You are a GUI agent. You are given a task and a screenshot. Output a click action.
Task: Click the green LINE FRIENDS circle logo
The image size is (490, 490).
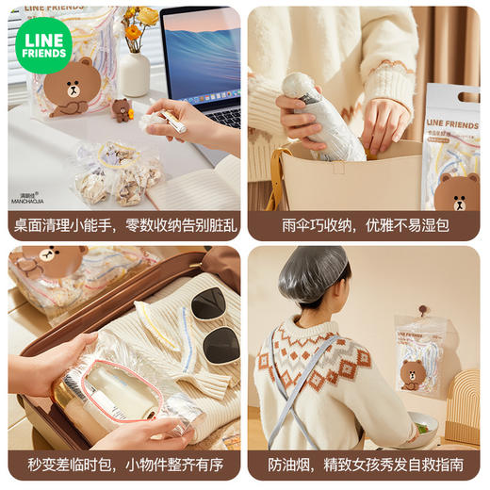[43, 44]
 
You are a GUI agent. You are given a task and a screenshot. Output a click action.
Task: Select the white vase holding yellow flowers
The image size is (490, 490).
[134, 73]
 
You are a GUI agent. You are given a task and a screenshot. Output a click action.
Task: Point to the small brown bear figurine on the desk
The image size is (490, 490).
[122, 109]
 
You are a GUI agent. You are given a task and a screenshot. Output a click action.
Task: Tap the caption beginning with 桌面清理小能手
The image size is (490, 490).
[124, 225]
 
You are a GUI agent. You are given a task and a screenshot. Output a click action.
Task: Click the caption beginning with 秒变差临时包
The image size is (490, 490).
[124, 465]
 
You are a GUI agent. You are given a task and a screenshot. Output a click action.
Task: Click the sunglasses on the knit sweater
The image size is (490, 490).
[214, 325]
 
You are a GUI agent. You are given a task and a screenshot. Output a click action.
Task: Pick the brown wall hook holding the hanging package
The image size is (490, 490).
[424, 309]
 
